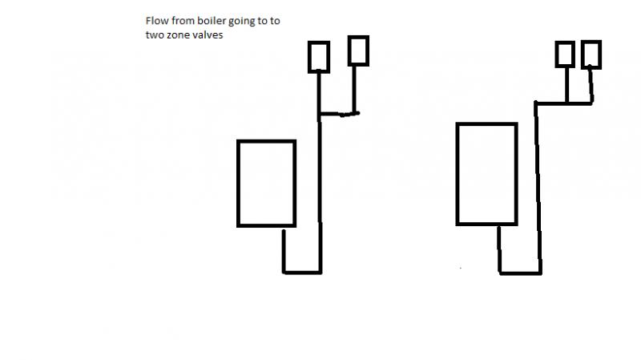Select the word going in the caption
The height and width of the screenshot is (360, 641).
[241, 22]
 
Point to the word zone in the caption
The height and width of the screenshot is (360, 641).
[178, 35]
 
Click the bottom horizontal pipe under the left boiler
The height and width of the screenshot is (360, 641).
[302, 272]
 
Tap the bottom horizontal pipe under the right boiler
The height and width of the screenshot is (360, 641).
[520, 273]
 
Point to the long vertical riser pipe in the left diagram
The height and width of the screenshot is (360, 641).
[320, 172]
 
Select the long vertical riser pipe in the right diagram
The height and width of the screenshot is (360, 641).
[538, 188]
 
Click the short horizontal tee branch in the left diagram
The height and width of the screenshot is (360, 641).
[338, 114]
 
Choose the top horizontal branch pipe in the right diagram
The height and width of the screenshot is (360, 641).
[564, 103]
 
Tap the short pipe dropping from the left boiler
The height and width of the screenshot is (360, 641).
[284, 250]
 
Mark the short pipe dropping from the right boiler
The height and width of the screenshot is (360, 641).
[499, 249]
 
